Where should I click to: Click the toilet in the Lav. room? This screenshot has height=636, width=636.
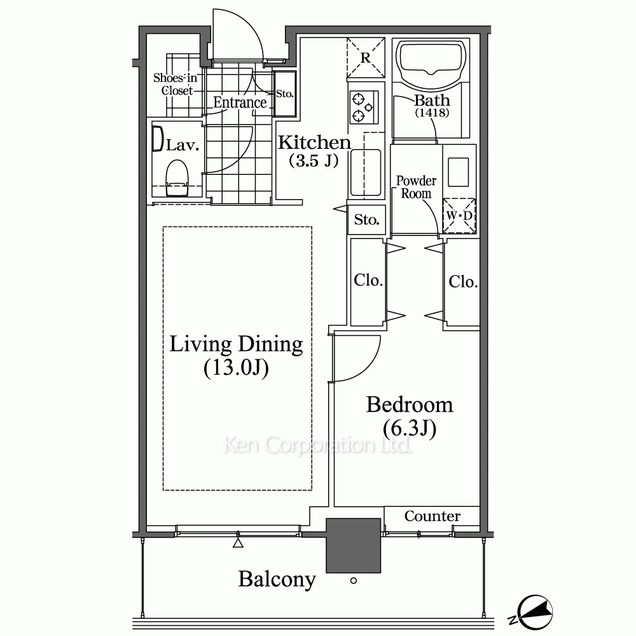(x=177, y=177)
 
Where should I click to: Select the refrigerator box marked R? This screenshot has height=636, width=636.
(x=366, y=58)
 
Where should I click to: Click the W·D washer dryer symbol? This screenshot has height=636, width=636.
(x=459, y=216)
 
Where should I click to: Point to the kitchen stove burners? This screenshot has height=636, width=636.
(x=363, y=107)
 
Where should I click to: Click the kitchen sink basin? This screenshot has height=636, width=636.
(x=366, y=173)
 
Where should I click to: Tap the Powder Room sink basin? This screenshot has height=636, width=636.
(x=459, y=172)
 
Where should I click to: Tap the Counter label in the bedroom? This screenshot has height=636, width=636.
(x=432, y=516)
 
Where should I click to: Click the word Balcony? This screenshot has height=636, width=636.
(x=277, y=579)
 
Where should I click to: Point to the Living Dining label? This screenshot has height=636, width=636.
(x=236, y=344)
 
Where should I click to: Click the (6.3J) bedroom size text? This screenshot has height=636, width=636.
(x=410, y=428)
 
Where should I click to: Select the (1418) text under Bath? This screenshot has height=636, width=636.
(x=432, y=113)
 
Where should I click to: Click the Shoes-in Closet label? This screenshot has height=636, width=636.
(x=176, y=84)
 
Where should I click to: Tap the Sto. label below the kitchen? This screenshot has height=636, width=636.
(x=367, y=219)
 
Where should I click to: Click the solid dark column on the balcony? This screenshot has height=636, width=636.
(x=353, y=546)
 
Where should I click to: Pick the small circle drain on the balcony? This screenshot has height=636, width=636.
(x=353, y=581)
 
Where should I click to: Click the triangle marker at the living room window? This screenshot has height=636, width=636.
(x=238, y=543)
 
